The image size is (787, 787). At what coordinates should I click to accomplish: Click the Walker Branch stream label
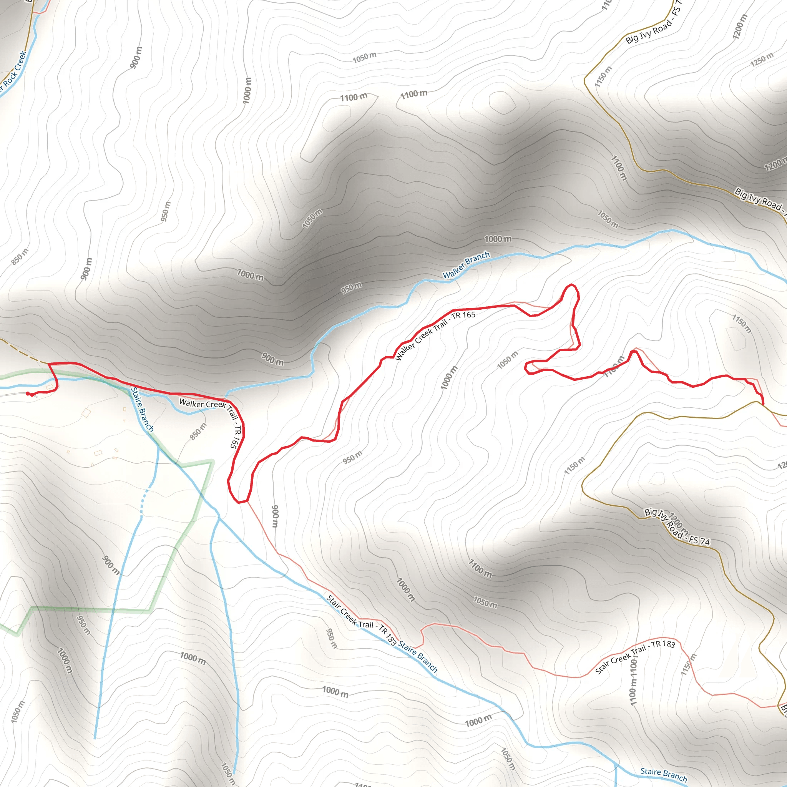pyautogui.click(x=466, y=265)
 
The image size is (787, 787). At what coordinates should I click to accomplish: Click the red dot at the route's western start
pyautogui.click(x=28, y=393)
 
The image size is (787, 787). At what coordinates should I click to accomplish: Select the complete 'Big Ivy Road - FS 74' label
pyautogui.click(x=677, y=526)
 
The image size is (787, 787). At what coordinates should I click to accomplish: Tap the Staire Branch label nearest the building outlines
pyautogui.click(x=142, y=409)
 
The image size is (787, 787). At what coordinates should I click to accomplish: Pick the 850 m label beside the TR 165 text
pyautogui.click(x=198, y=432)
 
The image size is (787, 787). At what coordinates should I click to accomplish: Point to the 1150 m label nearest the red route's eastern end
pyautogui.click(x=742, y=324)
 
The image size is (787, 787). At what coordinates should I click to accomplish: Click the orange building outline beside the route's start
pyautogui.click(x=50, y=387)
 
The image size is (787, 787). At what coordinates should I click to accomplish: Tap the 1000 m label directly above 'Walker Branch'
pyautogui.click(x=498, y=239)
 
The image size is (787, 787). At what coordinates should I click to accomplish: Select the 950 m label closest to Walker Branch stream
pyautogui.click(x=351, y=288)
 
